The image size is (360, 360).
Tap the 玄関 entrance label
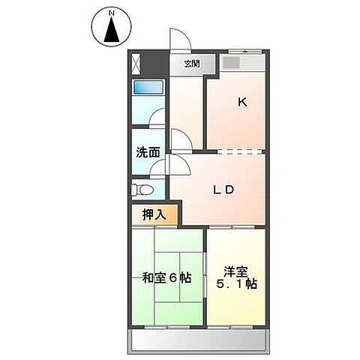pyautogui.click(x=192, y=64)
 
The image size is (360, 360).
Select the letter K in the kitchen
pyautogui.click(x=242, y=103)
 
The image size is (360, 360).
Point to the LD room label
pyautogui.click(x=222, y=189)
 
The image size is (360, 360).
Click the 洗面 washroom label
pyautogui.click(x=148, y=152)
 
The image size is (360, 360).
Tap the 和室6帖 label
pyautogui.click(x=166, y=277)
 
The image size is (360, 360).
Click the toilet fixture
pyautogui.click(x=142, y=189)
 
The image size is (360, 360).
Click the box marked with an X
pyautogui.click(x=136, y=63)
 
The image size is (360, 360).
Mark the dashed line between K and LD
pyautogui.click(x=237, y=151)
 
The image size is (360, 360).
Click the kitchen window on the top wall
pyautogui.click(x=244, y=51)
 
